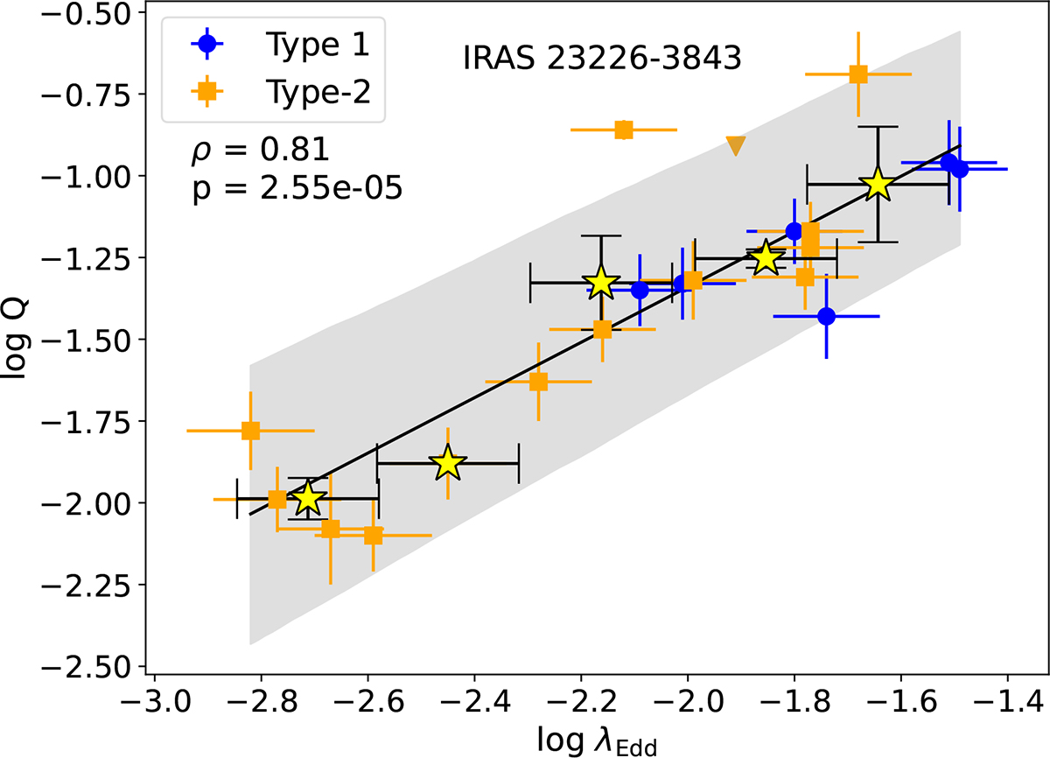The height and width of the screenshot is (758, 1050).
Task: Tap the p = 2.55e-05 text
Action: pos(297,189)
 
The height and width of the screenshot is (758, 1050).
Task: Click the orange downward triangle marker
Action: pos(736,146)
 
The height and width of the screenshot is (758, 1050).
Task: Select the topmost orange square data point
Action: pos(858,74)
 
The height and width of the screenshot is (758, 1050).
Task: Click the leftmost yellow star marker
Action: pos(307,499)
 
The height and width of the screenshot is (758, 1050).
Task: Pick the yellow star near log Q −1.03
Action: pos(878,185)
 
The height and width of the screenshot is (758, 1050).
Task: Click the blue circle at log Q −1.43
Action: pos(826,316)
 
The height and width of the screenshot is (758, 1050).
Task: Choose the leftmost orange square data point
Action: pos(250,431)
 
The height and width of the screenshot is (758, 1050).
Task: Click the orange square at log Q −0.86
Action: pos(624,130)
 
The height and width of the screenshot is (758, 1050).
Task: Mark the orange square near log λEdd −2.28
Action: pos(538,382)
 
